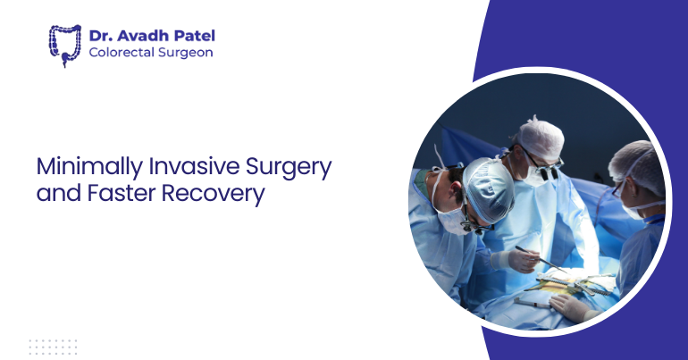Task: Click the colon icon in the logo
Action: coord(64,45)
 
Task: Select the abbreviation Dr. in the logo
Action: coord(101,36)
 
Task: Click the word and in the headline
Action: coord(54,194)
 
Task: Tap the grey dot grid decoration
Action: coord(53,346)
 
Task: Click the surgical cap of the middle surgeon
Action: coord(541,137)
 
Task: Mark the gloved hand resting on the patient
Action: coord(568,306)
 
